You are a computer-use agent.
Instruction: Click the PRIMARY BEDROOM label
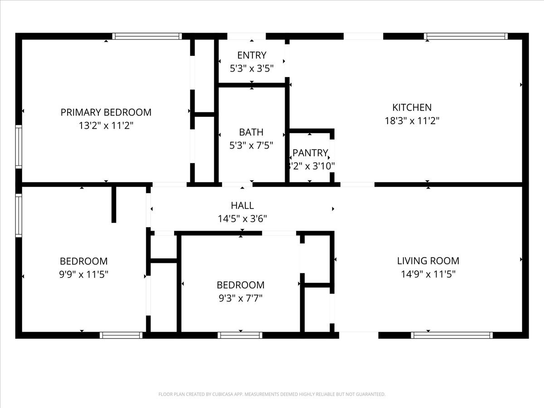(x=106, y=112)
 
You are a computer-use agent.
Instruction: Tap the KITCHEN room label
(x=412, y=107)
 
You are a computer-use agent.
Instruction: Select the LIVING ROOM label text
(x=428, y=261)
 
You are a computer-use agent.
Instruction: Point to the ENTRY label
(x=252, y=55)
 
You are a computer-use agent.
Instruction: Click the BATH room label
(x=251, y=132)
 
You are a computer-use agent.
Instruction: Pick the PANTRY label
(x=310, y=153)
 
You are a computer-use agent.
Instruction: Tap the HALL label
(x=242, y=206)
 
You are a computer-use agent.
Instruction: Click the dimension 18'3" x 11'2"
(x=412, y=121)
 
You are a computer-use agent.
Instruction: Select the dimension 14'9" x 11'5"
(x=428, y=274)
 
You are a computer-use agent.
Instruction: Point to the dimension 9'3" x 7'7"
(x=240, y=298)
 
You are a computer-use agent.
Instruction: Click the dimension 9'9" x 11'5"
(x=84, y=274)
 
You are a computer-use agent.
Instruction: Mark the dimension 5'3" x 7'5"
(x=251, y=146)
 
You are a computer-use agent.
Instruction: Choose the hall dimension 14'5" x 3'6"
(x=242, y=219)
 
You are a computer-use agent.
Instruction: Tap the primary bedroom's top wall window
(x=147, y=36)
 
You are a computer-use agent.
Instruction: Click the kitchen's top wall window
(x=466, y=36)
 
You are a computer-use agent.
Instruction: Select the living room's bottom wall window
(x=452, y=335)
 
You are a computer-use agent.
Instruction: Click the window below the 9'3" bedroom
(x=240, y=335)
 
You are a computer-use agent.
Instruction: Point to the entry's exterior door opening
(x=246, y=36)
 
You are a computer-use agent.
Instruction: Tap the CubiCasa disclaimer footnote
(x=272, y=394)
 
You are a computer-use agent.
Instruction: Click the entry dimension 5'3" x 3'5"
(x=252, y=68)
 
